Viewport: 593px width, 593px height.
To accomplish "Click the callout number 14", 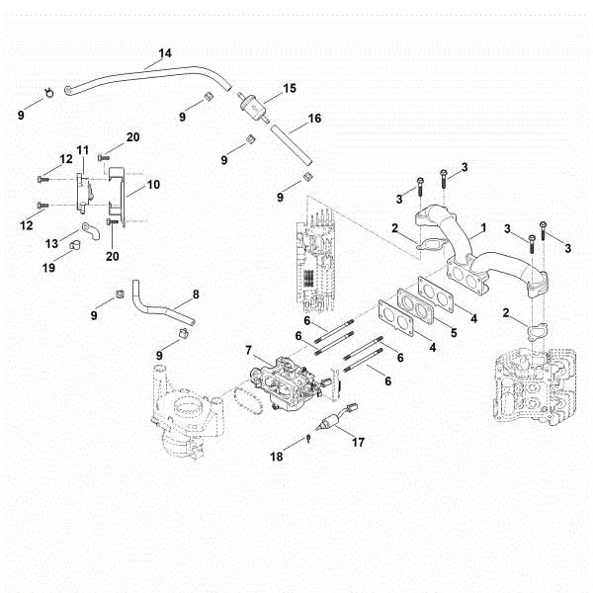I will pyautogui.click(x=164, y=51).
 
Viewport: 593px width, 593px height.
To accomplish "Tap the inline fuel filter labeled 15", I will pyautogui.click(x=254, y=103).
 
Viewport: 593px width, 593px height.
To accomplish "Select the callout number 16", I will pyautogui.click(x=313, y=118).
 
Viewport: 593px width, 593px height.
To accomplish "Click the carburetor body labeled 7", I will pyautogui.click(x=285, y=384).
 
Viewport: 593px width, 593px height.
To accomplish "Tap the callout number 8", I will pyautogui.click(x=196, y=294).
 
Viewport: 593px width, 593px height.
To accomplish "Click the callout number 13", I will pyautogui.click(x=51, y=242).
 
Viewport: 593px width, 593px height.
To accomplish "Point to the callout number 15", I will pyautogui.click(x=290, y=89).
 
